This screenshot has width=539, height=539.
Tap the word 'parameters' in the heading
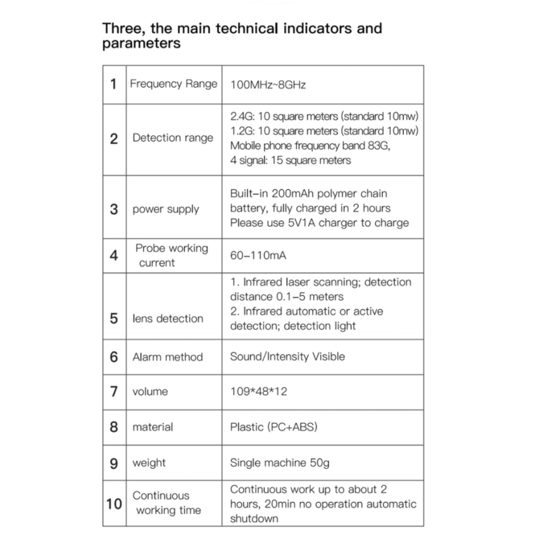click(x=141, y=44)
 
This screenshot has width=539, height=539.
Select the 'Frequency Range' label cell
click(x=173, y=84)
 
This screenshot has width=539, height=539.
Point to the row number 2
click(x=114, y=139)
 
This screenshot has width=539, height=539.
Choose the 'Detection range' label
click(x=172, y=138)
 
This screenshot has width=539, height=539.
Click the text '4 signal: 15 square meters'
click(x=290, y=160)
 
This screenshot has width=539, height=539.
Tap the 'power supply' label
click(x=166, y=209)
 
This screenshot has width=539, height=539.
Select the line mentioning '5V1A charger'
click(x=319, y=223)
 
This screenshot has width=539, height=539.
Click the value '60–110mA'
click(x=260, y=256)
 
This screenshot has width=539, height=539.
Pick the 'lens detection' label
click(x=168, y=318)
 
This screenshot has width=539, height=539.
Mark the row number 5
click(x=114, y=317)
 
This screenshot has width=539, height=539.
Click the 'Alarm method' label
click(x=167, y=357)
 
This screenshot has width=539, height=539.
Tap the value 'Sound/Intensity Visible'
click(x=288, y=356)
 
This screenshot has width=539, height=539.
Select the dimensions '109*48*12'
click(x=259, y=391)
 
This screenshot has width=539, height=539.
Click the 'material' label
click(x=153, y=427)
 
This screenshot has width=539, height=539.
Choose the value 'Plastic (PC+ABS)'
click(x=274, y=427)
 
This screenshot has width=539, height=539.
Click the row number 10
click(x=114, y=503)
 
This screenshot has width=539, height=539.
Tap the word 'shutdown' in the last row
click(x=254, y=519)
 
